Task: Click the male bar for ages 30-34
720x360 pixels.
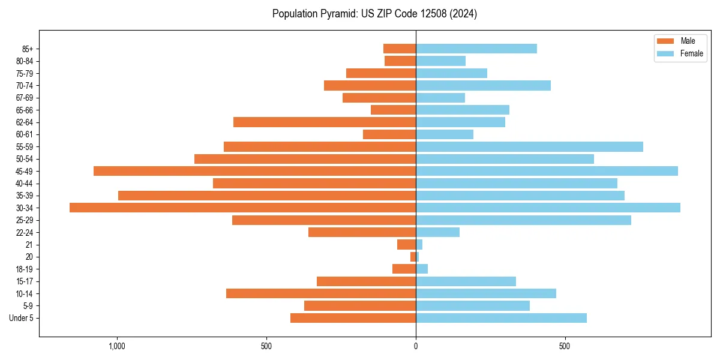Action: (x=242, y=208)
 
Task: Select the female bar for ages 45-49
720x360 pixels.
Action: (x=547, y=171)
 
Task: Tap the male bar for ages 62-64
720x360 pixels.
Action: (x=325, y=122)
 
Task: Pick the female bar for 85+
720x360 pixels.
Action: (x=476, y=49)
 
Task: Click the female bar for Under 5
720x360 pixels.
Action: (x=501, y=318)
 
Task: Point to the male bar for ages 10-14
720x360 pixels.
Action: (x=321, y=293)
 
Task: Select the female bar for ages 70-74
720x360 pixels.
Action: (x=483, y=85)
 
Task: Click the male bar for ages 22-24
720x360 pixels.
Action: (x=362, y=232)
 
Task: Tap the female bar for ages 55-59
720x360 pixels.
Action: (x=529, y=146)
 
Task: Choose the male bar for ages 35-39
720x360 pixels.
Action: (x=267, y=196)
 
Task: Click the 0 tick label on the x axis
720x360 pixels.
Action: (x=416, y=347)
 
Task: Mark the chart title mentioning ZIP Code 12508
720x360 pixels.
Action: (x=374, y=14)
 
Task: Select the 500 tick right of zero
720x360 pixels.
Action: (x=565, y=347)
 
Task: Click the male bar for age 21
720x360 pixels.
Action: (x=406, y=245)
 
